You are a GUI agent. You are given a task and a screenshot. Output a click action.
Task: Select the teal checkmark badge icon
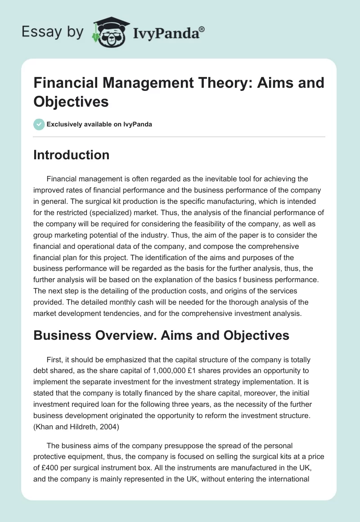click(x=39, y=125)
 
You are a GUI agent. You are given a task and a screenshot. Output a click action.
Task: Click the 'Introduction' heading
click(x=72, y=155)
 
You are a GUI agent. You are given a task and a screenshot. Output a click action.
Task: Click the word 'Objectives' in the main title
click(x=71, y=101)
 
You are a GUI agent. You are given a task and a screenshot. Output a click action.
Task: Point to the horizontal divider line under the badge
click(x=180, y=136)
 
